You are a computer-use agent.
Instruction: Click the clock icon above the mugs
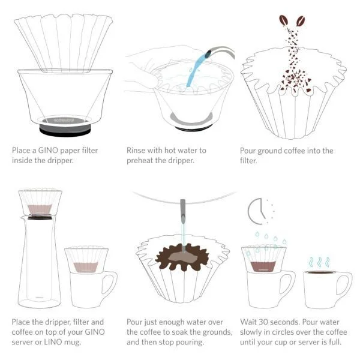click(x=259, y=210)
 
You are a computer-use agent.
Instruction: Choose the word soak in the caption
click(x=187, y=332)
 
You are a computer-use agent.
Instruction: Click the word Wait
click(x=249, y=321)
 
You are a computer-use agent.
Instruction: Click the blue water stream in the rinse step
click(x=191, y=75)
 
